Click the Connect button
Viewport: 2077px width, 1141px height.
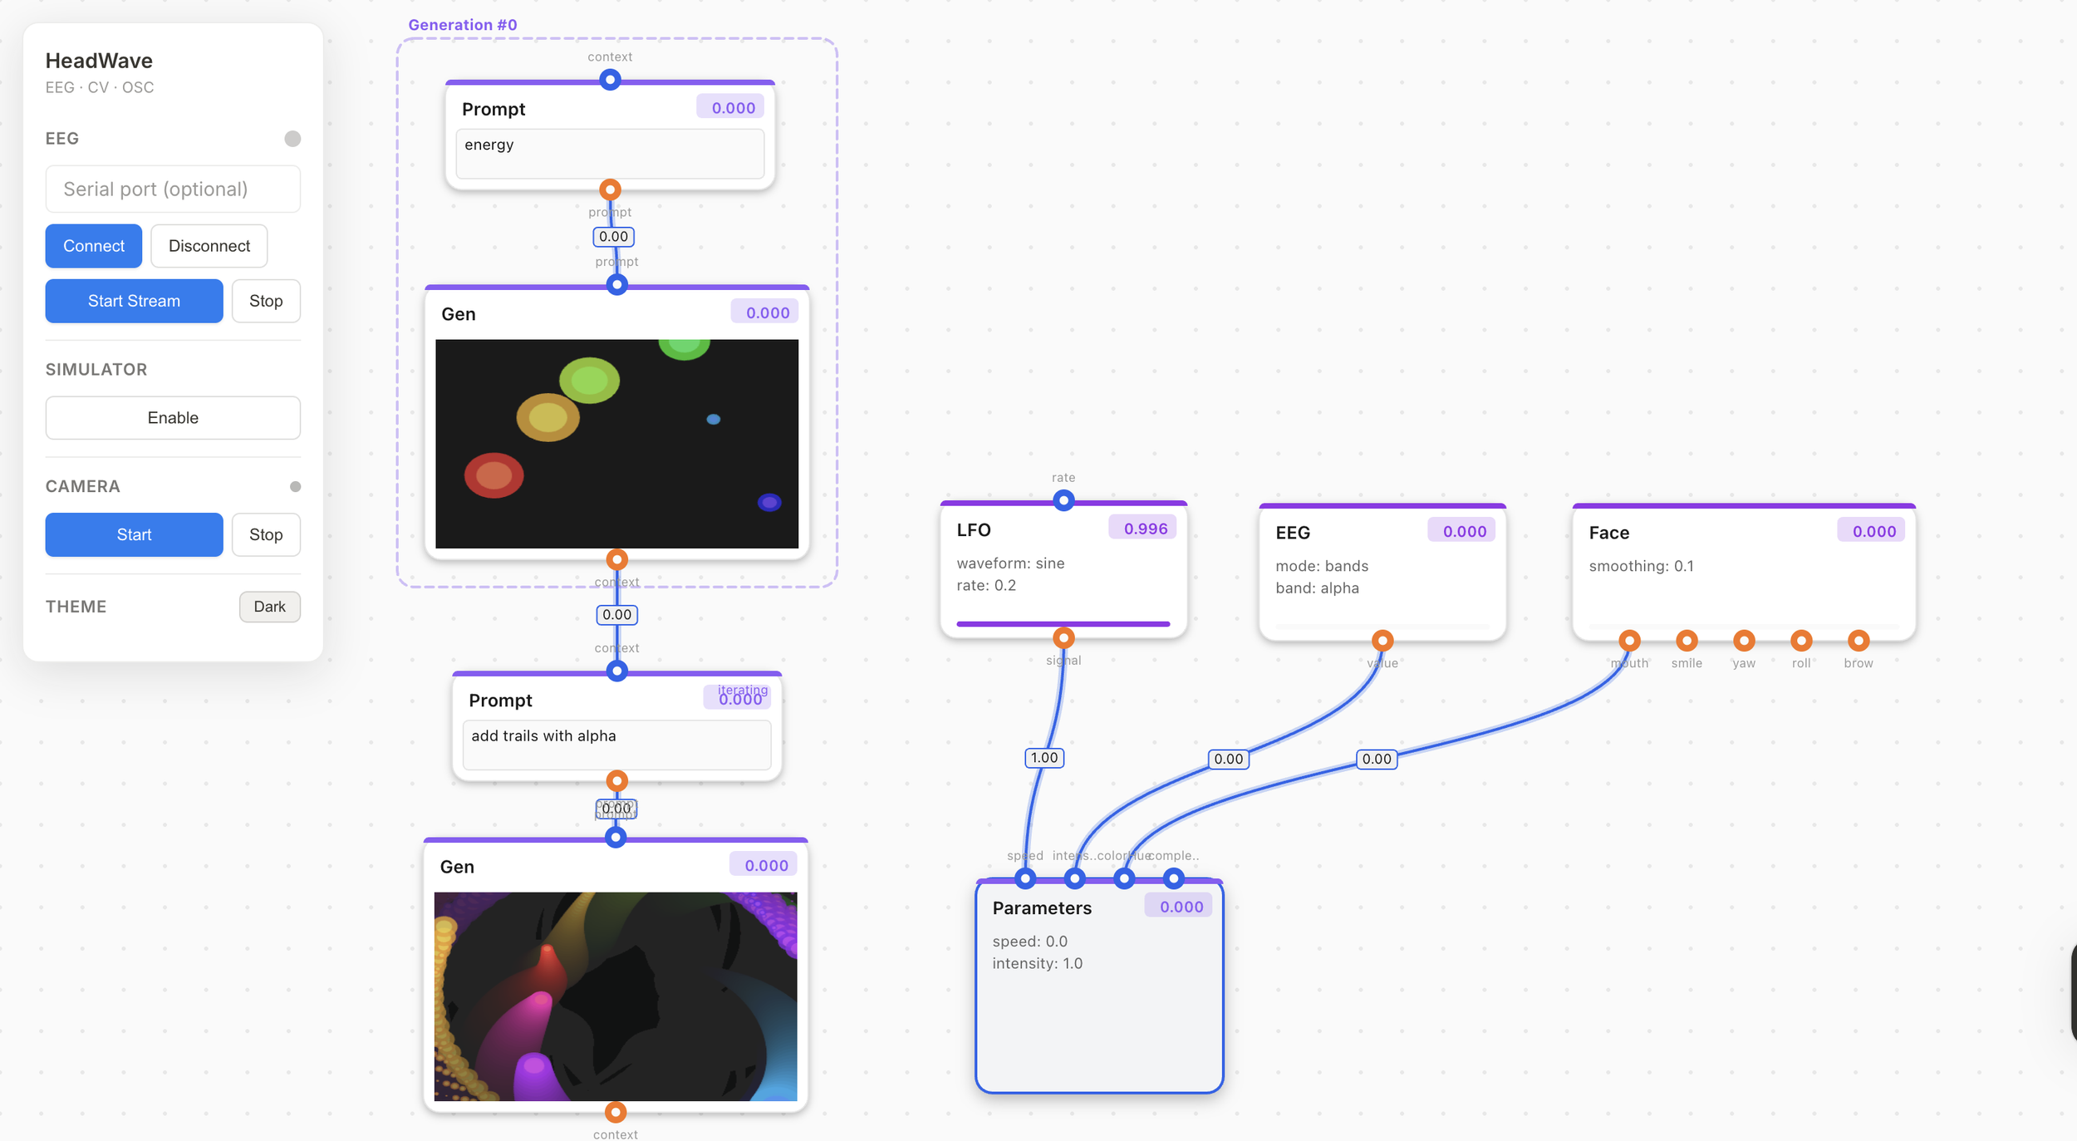pyautogui.click(x=93, y=246)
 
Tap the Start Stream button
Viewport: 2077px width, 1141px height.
pyautogui.click(x=134, y=301)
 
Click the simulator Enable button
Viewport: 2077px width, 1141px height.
pyautogui.click(x=173, y=417)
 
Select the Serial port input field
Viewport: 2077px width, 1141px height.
pyautogui.click(x=173, y=189)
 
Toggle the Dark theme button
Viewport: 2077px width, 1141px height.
pyautogui.click(x=269, y=607)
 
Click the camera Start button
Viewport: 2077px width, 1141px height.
pyautogui.click(x=134, y=534)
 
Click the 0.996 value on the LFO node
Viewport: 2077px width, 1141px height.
pyautogui.click(x=1145, y=529)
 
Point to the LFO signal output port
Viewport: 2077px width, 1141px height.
pyautogui.click(x=1063, y=637)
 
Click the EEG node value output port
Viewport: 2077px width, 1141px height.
pyautogui.click(x=1382, y=640)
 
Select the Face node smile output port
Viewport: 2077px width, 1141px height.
pyautogui.click(x=1687, y=640)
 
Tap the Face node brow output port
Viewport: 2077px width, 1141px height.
pyautogui.click(x=1858, y=640)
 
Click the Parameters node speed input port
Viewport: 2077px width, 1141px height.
pyautogui.click(x=1025, y=878)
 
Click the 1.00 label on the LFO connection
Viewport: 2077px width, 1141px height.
pyautogui.click(x=1044, y=758)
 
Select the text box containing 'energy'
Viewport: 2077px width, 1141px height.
pyautogui.click(x=610, y=153)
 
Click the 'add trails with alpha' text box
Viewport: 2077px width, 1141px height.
pyautogui.click(x=616, y=744)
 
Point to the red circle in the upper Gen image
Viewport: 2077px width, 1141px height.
pyautogui.click(x=493, y=475)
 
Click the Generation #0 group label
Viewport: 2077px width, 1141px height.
pyautogui.click(x=463, y=25)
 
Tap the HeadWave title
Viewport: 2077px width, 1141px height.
pyautogui.click(x=99, y=61)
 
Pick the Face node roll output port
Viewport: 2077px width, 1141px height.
pyautogui.click(x=1801, y=640)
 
